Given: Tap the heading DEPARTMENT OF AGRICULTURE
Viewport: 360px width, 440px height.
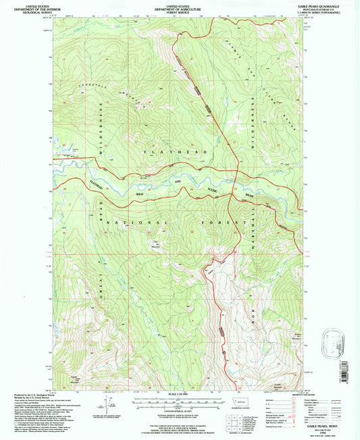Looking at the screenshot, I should [x=179, y=7].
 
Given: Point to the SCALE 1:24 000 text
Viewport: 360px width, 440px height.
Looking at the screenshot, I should [x=179, y=393].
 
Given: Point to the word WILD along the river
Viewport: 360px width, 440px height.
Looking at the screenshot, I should [x=142, y=194].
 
